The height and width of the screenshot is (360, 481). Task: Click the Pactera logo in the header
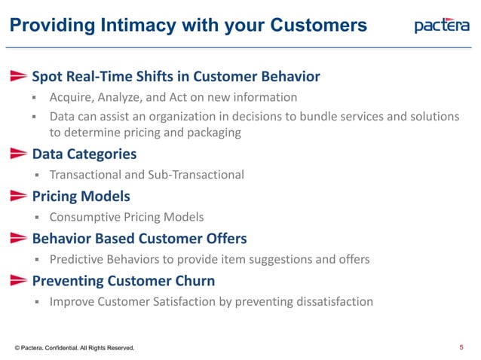[442, 26]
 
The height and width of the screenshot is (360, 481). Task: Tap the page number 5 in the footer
[461, 347]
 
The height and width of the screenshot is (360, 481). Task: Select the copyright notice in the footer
[74, 348]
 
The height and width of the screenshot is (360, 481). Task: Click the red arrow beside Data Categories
[19, 154]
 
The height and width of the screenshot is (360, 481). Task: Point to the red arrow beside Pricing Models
[19, 197]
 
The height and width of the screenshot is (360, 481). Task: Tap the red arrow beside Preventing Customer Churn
[19, 281]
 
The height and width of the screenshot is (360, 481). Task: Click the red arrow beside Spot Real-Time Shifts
[19, 76]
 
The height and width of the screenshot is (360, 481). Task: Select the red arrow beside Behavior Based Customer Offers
[19, 239]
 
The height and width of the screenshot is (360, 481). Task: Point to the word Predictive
[78, 259]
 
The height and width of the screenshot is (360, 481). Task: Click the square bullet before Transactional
[35, 175]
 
